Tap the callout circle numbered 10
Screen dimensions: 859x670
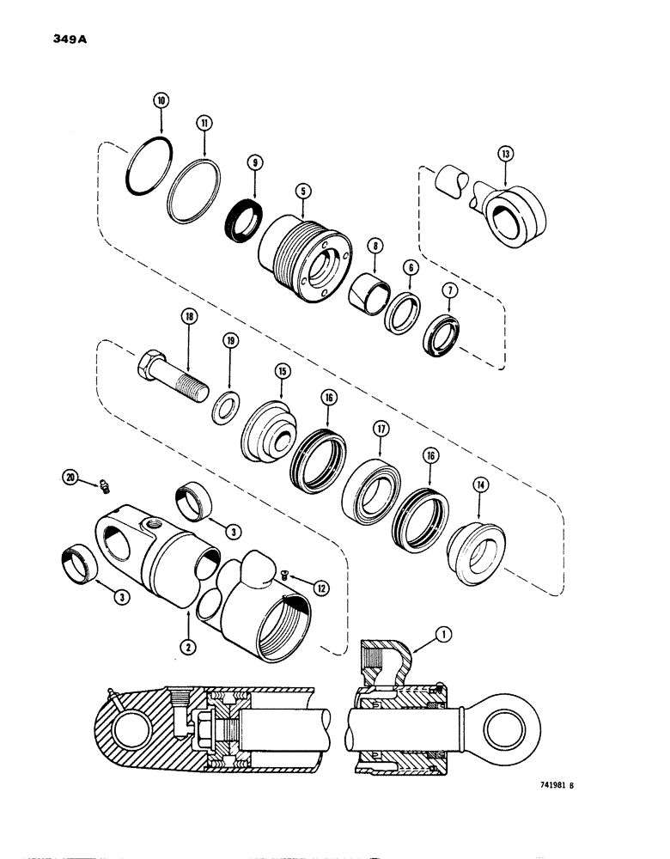[x=160, y=101]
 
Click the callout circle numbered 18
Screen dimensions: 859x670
[x=188, y=316]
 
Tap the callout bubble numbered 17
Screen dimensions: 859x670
[x=380, y=427]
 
